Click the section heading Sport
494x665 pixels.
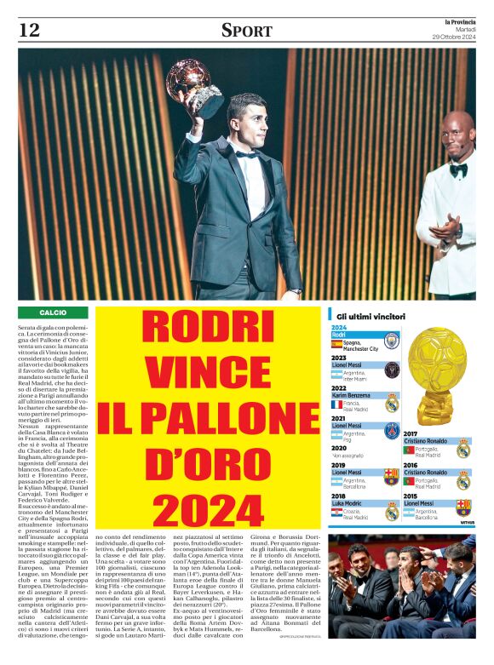[x=247, y=31]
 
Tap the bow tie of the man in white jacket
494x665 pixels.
[x=458, y=169]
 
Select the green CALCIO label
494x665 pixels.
[x=52, y=313]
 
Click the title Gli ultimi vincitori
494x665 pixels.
[x=370, y=317]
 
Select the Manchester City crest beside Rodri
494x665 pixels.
[x=390, y=341]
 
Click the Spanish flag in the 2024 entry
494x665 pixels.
[x=336, y=345]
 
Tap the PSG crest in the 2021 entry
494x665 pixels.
[x=391, y=431]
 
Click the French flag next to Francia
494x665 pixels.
[x=336, y=404]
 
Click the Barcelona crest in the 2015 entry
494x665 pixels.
[x=464, y=507]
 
